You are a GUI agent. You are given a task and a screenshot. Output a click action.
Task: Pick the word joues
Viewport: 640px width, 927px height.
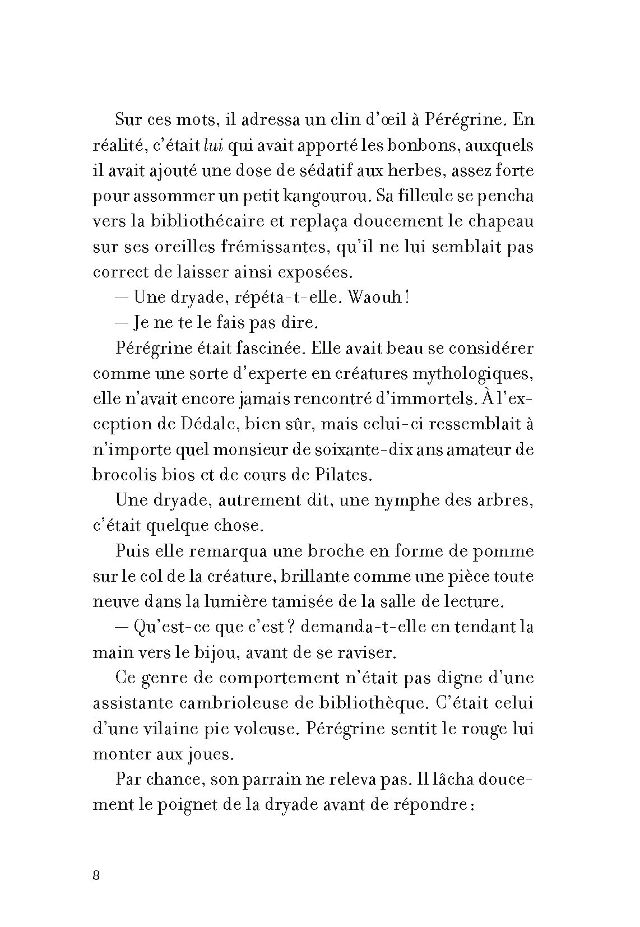click(x=208, y=754)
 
